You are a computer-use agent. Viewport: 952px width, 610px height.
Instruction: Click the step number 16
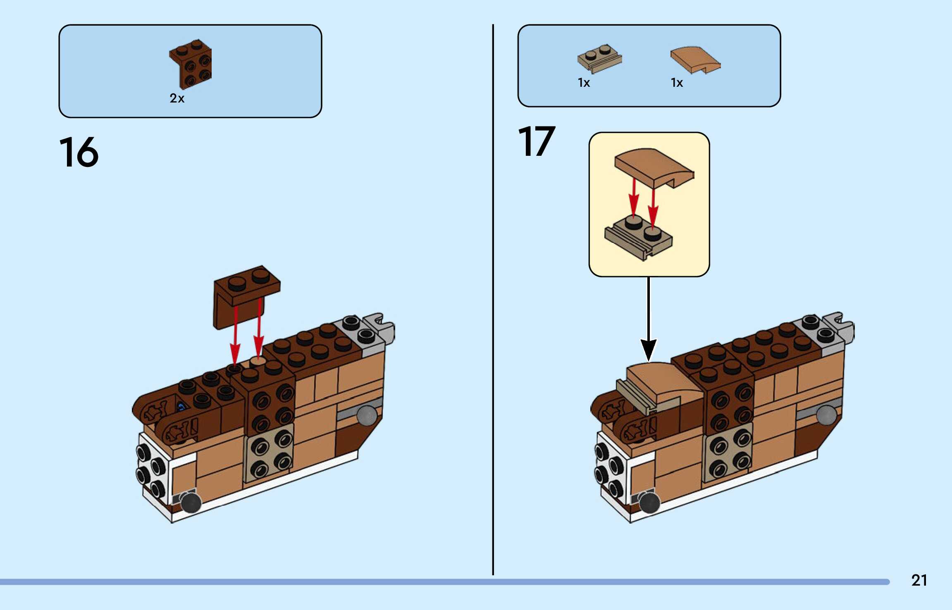click(79, 152)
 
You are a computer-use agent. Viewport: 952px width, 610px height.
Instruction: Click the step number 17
click(536, 142)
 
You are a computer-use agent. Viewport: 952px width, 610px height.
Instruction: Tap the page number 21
click(919, 580)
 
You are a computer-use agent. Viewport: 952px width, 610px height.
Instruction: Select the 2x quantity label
click(177, 98)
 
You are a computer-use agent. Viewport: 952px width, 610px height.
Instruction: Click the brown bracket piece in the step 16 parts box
click(191, 64)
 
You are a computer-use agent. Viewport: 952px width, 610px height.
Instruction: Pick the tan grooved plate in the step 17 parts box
click(599, 59)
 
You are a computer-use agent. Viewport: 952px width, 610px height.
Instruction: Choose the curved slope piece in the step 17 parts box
click(695, 60)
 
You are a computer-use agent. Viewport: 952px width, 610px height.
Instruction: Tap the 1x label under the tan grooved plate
click(584, 83)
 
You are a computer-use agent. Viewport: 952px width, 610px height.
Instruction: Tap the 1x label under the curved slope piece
click(677, 83)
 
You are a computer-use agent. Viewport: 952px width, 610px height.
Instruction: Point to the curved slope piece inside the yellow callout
click(653, 167)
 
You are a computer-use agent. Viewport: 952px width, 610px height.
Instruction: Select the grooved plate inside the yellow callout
click(639, 238)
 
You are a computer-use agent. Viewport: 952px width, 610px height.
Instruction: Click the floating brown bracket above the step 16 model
click(246, 295)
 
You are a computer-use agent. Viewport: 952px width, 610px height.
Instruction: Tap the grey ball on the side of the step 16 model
click(367, 415)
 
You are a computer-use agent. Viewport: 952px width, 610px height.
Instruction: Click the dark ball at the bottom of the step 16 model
click(191, 503)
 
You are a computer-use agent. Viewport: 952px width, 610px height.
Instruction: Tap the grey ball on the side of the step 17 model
click(826, 415)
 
